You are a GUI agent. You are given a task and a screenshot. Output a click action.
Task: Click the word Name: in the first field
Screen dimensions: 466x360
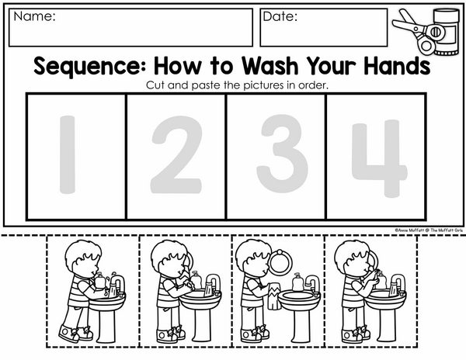point(34,16)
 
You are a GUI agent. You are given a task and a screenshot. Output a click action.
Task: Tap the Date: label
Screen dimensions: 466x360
point(280,16)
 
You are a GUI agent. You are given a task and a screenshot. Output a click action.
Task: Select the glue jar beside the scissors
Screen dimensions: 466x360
point(446,32)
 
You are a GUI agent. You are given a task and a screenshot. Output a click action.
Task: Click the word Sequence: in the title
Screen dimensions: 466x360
point(90,66)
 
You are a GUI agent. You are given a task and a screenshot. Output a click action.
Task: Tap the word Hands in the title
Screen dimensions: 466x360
point(397,65)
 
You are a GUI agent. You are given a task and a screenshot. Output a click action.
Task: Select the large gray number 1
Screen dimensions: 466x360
point(68,154)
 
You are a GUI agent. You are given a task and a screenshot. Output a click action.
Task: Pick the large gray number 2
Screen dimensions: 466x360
point(176,154)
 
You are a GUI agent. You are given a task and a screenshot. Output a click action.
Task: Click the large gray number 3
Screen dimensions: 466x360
point(282,154)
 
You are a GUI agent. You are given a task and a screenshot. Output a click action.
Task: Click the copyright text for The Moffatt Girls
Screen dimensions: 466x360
point(429,230)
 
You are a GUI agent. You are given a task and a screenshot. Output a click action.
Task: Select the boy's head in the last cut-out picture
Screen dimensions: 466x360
point(353,258)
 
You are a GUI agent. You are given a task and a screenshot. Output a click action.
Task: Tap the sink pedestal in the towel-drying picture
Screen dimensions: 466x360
point(299,324)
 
